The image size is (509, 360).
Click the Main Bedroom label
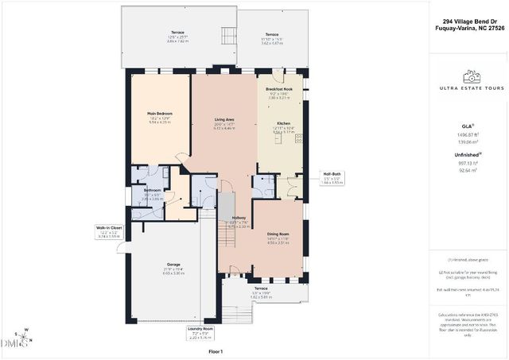coord(160,114)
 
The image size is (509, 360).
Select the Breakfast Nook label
coord(280,89)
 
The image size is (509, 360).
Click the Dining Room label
coord(278,234)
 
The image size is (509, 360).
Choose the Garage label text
coord(173,264)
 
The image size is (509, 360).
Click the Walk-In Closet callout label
coord(109,227)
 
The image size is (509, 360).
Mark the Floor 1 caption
coord(216,350)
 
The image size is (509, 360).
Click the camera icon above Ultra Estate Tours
coord(472,77)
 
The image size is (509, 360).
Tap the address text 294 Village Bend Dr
coord(469,22)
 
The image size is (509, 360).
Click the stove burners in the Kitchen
coord(300,138)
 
